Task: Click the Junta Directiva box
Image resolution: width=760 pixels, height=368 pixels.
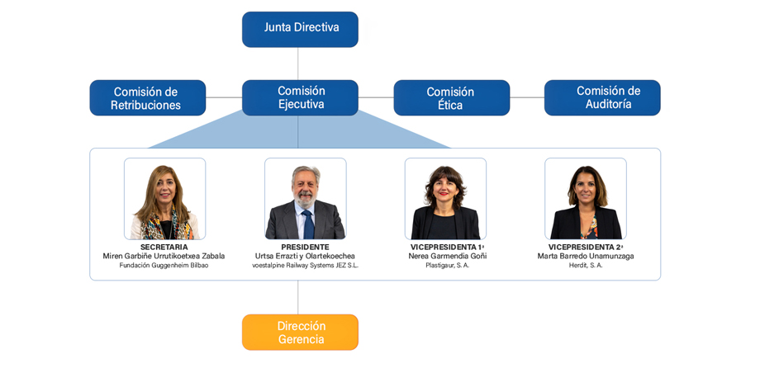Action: [300, 29]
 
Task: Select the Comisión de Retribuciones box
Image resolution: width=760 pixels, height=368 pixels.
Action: [147, 97]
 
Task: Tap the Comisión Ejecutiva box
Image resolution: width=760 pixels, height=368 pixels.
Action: [300, 97]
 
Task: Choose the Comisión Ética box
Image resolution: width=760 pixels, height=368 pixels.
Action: [451, 97]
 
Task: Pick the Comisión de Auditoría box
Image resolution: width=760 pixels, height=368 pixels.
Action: [602, 97]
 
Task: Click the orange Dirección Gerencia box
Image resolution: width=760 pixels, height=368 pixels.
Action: [300, 332]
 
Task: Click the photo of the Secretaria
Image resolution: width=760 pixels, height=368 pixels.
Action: [164, 199]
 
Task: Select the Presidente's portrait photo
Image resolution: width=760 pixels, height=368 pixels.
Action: [305, 199]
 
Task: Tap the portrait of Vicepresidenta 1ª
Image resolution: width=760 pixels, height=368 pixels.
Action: [445, 199]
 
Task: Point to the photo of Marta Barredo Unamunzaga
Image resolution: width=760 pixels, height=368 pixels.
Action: [586, 199]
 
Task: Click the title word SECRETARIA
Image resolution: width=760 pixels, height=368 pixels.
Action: [164, 247]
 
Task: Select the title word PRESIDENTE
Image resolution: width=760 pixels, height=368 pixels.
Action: [305, 247]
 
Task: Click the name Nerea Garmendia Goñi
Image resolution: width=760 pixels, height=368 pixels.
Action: [447, 256]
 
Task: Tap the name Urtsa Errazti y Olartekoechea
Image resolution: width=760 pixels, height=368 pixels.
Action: [305, 256]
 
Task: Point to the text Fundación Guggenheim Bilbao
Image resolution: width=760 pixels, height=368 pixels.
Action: [164, 266]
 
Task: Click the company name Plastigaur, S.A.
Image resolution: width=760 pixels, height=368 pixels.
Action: [447, 266]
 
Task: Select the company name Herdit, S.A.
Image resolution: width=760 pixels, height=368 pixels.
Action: [586, 266]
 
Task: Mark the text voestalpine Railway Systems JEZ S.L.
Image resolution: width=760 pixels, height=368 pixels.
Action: [305, 266]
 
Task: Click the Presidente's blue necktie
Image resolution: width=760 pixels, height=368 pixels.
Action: [307, 224]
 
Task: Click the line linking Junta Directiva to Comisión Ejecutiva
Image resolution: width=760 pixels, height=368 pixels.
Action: [298, 64]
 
